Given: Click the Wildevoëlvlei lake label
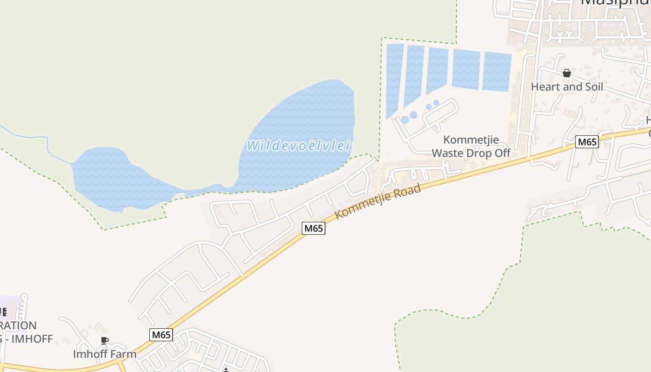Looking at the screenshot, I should [298, 146].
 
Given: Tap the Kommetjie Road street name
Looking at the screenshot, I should [378, 201].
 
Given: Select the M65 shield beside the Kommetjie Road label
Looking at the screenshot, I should [313, 228].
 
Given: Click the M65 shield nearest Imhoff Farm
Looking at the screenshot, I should [161, 335].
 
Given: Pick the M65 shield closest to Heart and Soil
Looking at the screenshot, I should [586, 142].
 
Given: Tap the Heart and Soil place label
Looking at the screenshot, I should [567, 87].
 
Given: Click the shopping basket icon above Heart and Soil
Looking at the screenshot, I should [566, 73].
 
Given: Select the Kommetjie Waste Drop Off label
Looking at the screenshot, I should [471, 146].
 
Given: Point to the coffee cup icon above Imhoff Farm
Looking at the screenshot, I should [105, 341].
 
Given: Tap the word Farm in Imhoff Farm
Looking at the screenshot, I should [122, 354].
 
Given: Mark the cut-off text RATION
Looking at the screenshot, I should [18, 325].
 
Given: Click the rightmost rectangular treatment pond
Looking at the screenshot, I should [497, 72].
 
